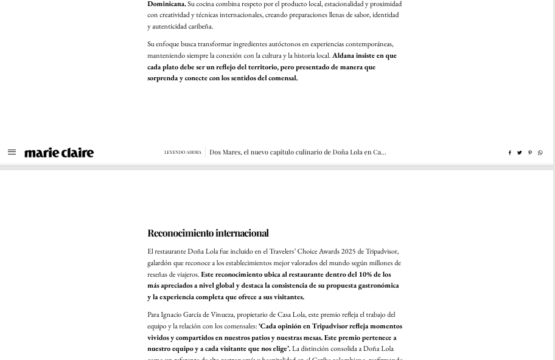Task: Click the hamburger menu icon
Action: tap(12, 152)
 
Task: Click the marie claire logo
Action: tap(59, 153)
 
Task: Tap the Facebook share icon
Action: tap(509, 153)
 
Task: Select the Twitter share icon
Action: tap(519, 153)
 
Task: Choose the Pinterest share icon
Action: tap(529, 153)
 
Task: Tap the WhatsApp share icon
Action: tap(540, 153)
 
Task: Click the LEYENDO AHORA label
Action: tap(183, 153)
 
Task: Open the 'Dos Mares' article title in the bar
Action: tap(298, 152)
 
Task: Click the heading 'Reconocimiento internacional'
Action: tap(208, 233)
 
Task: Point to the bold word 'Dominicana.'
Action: tap(166, 4)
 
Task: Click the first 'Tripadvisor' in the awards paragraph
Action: tap(382, 251)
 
